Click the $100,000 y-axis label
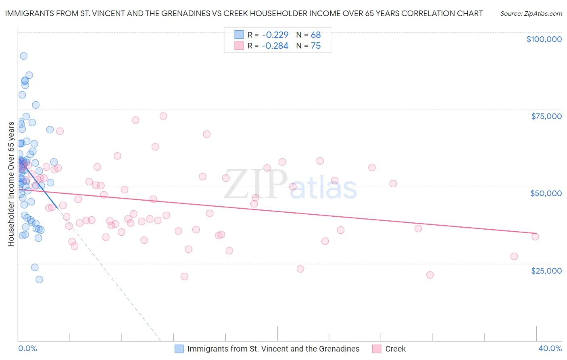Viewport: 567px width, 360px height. click(x=544, y=39)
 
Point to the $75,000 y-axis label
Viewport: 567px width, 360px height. click(x=546, y=116)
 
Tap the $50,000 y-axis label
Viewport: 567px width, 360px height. click(x=546, y=193)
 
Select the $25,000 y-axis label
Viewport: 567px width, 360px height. click(x=546, y=271)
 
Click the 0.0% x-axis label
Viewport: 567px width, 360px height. click(x=27, y=348)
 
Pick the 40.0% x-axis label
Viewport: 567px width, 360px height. click(x=550, y=348)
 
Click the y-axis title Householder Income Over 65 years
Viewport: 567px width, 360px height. click(x=11, y=184)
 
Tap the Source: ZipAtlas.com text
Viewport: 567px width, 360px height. click(x=531, y=14)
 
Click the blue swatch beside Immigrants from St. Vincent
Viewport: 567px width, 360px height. click(x=179, y=349)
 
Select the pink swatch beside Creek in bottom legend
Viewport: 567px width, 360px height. click(x=377, y=349)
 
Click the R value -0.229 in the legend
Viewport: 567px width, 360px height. click(x=275, y=35)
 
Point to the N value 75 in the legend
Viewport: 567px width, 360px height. click(x=316, y=46)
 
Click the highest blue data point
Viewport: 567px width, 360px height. click(x=24, y=56)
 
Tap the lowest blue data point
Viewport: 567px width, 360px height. click(x=39, y=279)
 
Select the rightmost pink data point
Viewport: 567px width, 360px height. click(x=535, y=237)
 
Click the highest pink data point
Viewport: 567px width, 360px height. click(x=163, y=116)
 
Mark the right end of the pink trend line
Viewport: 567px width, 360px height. click(x=537, y=233)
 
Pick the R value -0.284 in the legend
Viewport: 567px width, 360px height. click(x=275, y=46)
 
